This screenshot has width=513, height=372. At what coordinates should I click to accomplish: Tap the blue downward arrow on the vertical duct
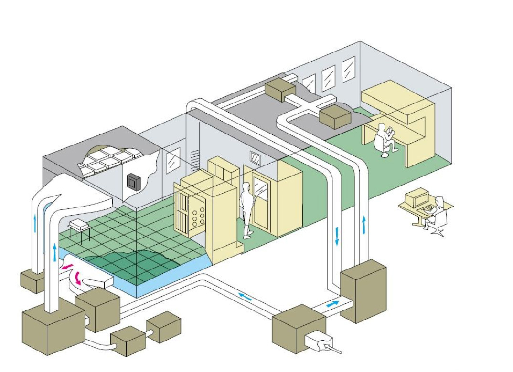tap(337, 237)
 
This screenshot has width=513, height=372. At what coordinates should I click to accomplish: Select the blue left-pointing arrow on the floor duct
tap(245, 297)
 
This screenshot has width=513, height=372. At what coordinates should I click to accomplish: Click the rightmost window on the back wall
tap(349, 69)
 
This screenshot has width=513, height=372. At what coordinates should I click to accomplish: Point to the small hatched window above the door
tap(256, 158)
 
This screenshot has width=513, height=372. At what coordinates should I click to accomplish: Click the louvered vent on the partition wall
tap(195, 159)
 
